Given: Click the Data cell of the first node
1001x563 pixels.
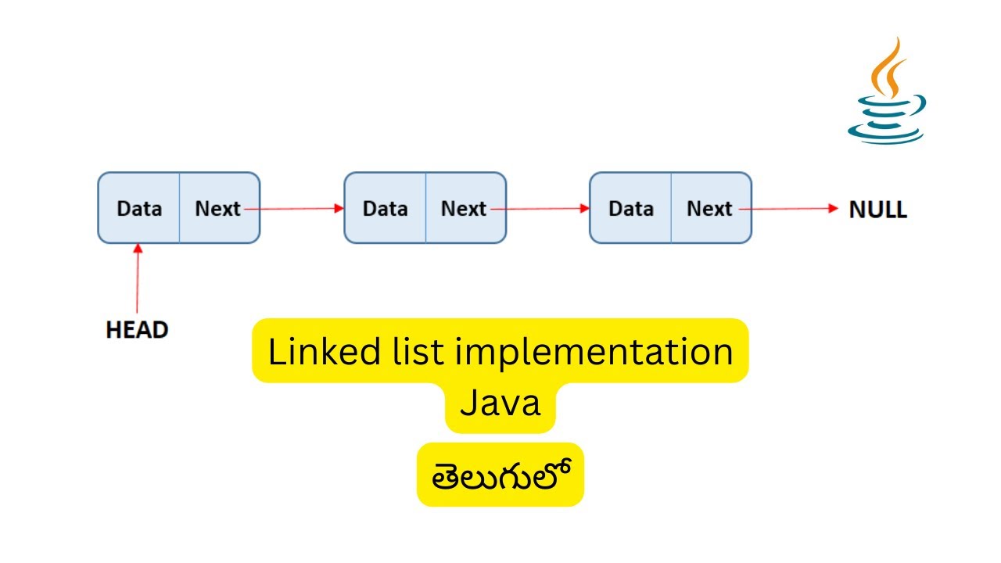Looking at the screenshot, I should click(139, 209).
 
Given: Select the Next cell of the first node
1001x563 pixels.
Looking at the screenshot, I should click(218, 209).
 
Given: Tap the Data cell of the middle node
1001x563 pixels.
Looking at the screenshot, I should click(386, 209).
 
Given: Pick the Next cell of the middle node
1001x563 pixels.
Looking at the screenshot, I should click(465, 209).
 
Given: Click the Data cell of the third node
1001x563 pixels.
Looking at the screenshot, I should click(631, 209).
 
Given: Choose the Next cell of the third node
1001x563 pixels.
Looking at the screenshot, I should click(710, 209).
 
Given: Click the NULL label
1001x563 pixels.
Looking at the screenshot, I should click(878, 210).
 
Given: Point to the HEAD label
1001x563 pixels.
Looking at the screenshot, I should click(137, 330).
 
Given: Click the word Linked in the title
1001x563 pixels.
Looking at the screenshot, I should click(314, 352).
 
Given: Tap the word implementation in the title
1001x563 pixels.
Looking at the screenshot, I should click(594, 352).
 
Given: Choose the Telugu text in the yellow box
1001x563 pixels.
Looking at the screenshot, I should click(500, 474).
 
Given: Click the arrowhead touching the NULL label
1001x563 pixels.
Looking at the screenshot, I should click(833, 209).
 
